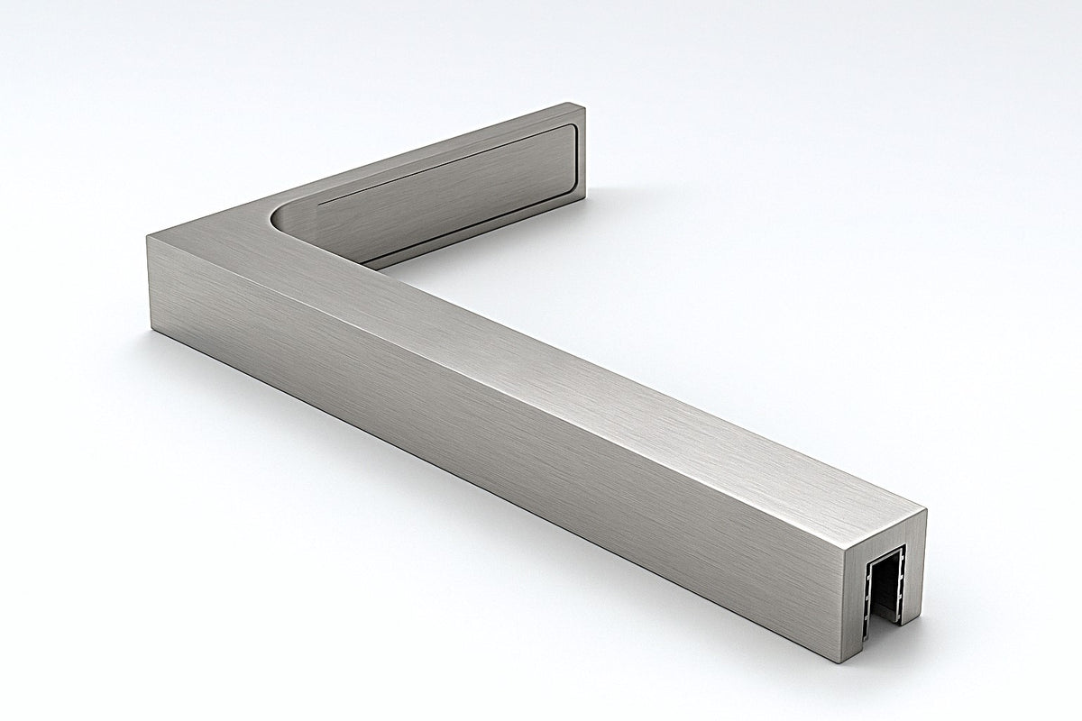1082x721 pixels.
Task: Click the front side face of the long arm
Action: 496,433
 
